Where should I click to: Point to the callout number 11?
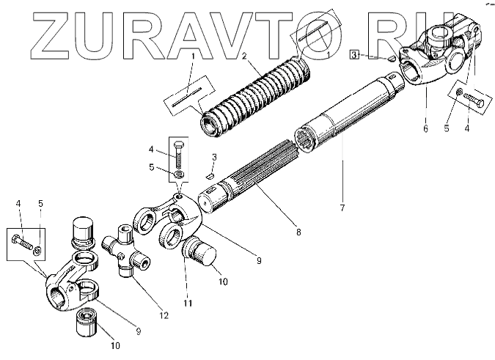pyautogui.click(x=188, y=304)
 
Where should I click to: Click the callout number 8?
pyautogui.click(x=298, y=233)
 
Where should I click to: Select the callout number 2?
pyautogui.click(x=245, y=56)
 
